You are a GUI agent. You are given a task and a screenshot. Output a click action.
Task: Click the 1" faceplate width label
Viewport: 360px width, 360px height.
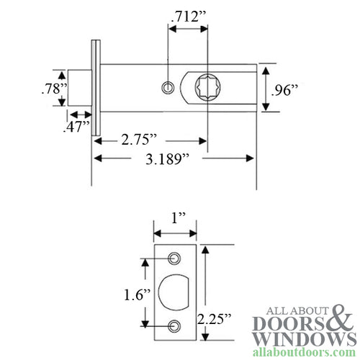click(x=174, y=217)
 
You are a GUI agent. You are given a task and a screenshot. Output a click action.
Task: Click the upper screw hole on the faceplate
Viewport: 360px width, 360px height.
click(x=174, y=258)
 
